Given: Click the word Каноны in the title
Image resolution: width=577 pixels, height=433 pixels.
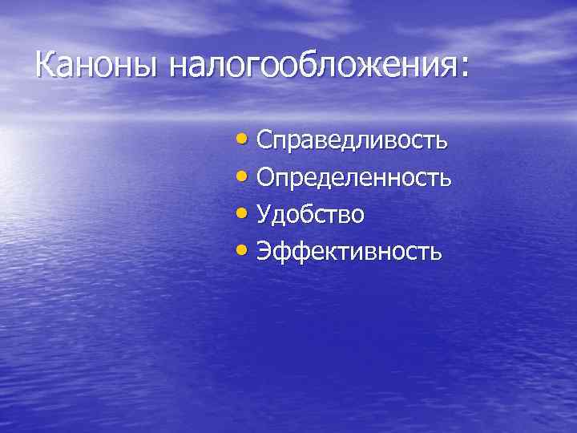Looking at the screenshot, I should point(97,65).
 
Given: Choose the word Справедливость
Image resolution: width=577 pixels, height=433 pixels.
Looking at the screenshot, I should point(353,142).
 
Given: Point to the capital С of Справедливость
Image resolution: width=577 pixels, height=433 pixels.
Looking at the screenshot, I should point(265,141).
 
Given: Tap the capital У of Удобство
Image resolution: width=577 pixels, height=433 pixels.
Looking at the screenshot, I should point(265,215).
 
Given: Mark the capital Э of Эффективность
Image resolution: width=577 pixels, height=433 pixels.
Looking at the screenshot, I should point(265,252).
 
